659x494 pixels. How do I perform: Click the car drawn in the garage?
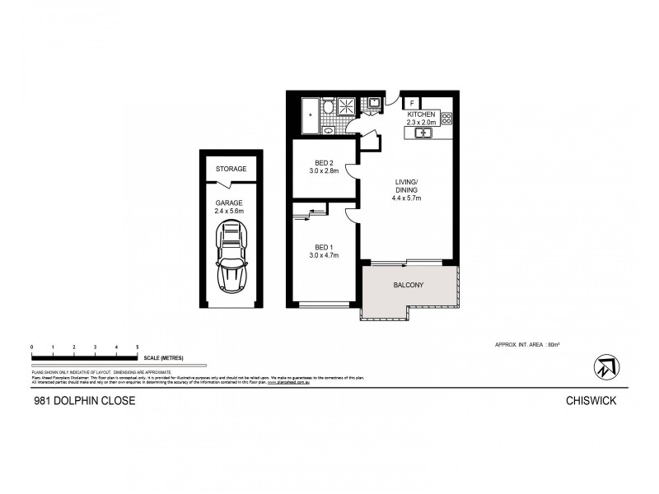coord(231,257)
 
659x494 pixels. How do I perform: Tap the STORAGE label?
coord(231,169)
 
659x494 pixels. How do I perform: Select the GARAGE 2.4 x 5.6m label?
coord(231,206)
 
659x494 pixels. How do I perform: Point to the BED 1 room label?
coord(323,251)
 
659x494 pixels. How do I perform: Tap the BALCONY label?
coord(408,286)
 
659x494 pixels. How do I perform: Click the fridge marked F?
coord(411,103)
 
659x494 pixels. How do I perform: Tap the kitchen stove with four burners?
coord(447,119)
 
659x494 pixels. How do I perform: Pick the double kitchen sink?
coord(425,132)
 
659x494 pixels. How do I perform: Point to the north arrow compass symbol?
coord(605,366)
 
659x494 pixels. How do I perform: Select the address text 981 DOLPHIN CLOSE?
coord(78,401)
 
